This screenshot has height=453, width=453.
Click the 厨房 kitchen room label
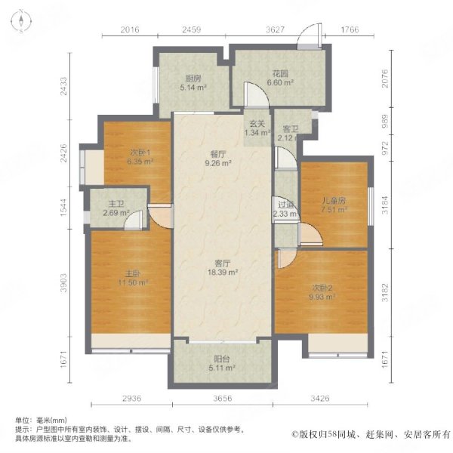193,78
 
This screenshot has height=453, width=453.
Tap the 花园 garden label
281,74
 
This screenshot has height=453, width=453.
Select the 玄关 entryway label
256,125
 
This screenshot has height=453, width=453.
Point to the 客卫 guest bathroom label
286,130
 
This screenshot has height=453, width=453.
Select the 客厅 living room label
222,263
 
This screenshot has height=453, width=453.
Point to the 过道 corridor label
285,205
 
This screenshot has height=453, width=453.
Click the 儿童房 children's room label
334,202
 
